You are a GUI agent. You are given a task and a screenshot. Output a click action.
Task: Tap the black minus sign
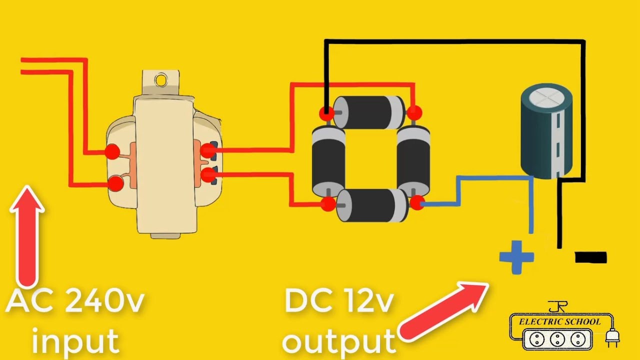point(590,257)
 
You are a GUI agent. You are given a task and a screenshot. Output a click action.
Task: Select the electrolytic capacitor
point(546,131)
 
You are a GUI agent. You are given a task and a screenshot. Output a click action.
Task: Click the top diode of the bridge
point(370,112)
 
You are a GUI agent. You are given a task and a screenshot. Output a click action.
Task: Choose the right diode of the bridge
point(414,160)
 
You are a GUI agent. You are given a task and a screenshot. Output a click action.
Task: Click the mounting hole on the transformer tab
point(161,79)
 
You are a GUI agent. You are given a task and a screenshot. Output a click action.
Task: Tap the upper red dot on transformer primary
point(111,151)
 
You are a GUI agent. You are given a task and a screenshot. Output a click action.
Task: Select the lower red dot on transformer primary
point(115,183)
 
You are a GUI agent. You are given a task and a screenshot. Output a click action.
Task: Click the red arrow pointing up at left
point(27,235)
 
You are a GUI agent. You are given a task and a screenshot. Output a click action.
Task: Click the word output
point(339,341)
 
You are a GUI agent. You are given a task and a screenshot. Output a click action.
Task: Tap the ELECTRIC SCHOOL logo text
point(559,321)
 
